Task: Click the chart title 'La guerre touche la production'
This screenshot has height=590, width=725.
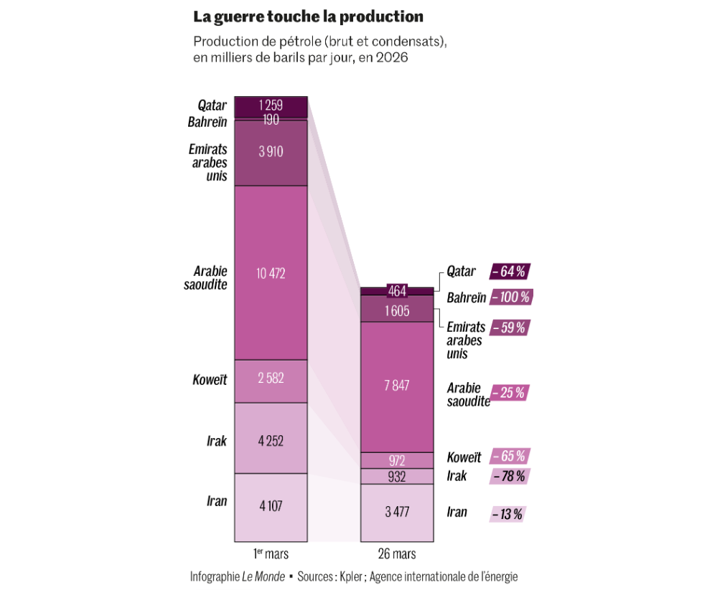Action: pos(308,16)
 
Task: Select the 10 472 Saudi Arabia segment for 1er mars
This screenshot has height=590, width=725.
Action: pos(271,272)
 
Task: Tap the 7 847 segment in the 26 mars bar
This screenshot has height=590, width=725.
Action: pos(397,386)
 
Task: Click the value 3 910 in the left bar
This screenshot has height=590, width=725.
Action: pos(271,151)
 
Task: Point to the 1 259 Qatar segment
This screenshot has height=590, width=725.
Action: pos(271,106)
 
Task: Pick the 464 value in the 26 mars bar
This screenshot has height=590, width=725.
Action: pos(397,291)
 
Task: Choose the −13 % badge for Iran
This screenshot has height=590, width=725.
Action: pos(507,513)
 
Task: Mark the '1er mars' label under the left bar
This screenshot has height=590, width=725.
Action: pos(271,554)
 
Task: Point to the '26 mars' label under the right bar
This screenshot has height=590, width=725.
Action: pos(397,554)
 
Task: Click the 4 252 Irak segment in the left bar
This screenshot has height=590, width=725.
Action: pos(271,441)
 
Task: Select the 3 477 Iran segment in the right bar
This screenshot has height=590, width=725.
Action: pos(397,512)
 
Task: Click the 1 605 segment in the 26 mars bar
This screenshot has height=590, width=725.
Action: pos(397,310)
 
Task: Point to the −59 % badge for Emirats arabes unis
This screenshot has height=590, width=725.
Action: pos(510,328)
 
